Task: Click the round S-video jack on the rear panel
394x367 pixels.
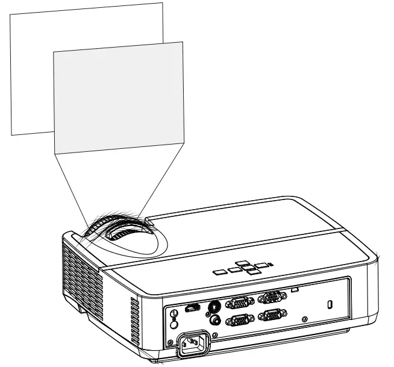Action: [x=213, y=306]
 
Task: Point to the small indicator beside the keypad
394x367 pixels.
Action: [x=270, y=263]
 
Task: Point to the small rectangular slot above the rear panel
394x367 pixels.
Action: [x=295, y=290]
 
